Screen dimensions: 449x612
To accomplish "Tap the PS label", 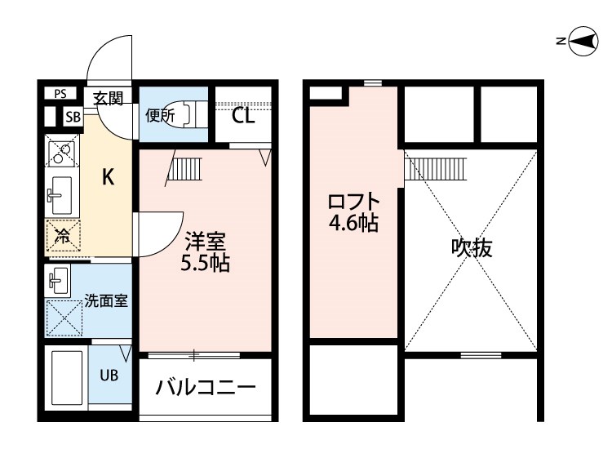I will [x=60, y=94].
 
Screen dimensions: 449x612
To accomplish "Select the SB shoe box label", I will [x=73, y=117].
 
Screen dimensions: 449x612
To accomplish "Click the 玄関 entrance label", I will [x=107, y=99].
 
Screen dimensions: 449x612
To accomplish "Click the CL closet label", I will [x=243, y=114].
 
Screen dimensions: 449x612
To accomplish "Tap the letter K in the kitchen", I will [x=107, y=177].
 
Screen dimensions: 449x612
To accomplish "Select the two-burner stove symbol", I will [x=62, y=153].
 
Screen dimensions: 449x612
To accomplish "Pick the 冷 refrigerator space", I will [x=62, y=237].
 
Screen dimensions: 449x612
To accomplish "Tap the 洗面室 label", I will [x=106, y=301].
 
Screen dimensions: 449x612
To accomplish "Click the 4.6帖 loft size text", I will [x=353, y=223].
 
